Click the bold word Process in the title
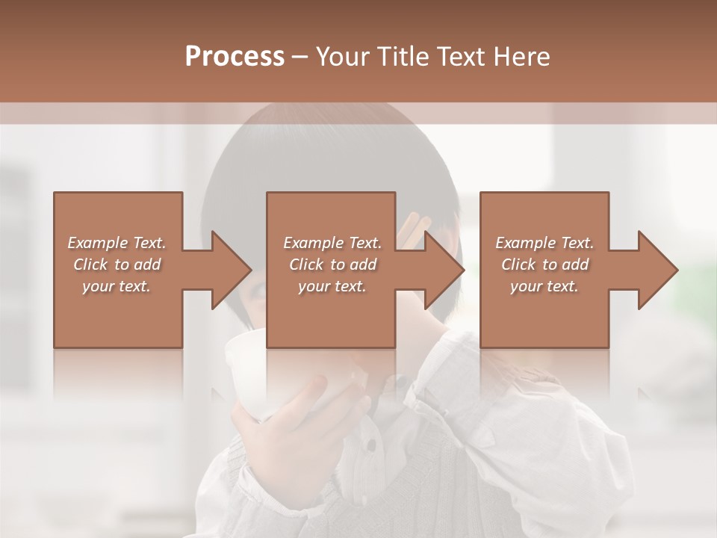tap(235, 57)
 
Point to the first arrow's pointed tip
tap(251, 270)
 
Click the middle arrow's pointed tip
tap(464, 270)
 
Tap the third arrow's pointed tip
tap(677, 270)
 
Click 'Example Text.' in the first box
tap(117, 243)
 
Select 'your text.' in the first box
tap(117, 286)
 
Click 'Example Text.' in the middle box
tap(332, 243)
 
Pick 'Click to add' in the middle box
tap(332, 265)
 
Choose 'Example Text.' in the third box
tap(544, 243)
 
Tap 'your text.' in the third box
tap(544, 286)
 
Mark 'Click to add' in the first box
tap(117, 265)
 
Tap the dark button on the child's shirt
tap(370, 446)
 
